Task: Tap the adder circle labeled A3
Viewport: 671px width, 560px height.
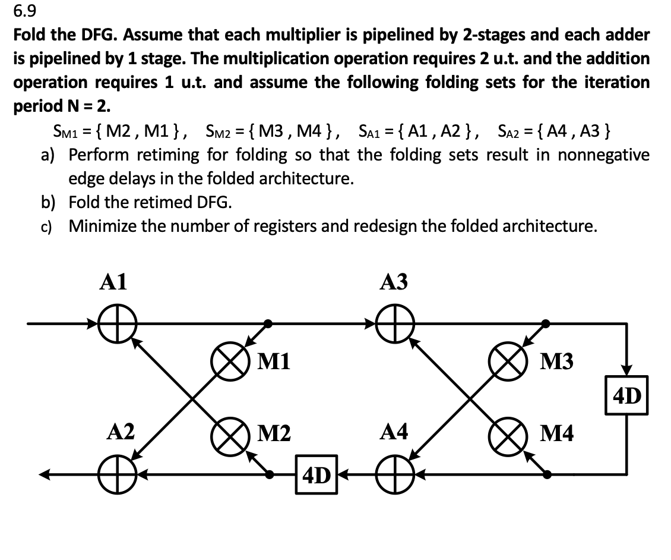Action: tap(394, 324)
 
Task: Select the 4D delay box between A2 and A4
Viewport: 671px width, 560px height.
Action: tap(317, 475)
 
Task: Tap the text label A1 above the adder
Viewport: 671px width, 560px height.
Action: tap(113, 282)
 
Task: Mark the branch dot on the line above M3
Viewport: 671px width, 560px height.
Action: tap(546, 324)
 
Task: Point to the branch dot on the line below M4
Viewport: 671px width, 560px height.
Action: tap(546, 474)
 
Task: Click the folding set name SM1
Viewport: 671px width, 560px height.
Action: tap(64, 130)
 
